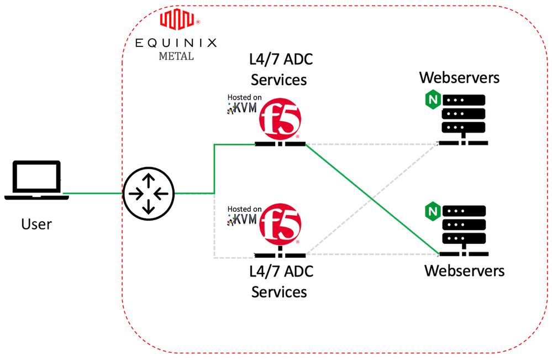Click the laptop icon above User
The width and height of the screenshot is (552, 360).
click(36, 180)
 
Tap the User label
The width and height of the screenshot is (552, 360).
click(36, 224)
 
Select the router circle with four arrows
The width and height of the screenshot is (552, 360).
click(148, 193)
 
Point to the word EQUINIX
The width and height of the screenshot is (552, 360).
click(176, 43)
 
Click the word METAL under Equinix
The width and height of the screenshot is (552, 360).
click(176, 56)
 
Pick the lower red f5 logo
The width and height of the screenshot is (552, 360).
click(280, 225)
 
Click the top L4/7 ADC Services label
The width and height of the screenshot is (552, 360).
click(279, 70)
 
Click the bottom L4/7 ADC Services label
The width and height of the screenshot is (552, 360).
click(279, 281)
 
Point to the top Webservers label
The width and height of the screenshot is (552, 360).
click(459, 77)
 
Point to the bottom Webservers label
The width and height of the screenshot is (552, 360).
click(464, 271)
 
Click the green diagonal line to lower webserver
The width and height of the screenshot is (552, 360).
click(373, 201)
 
